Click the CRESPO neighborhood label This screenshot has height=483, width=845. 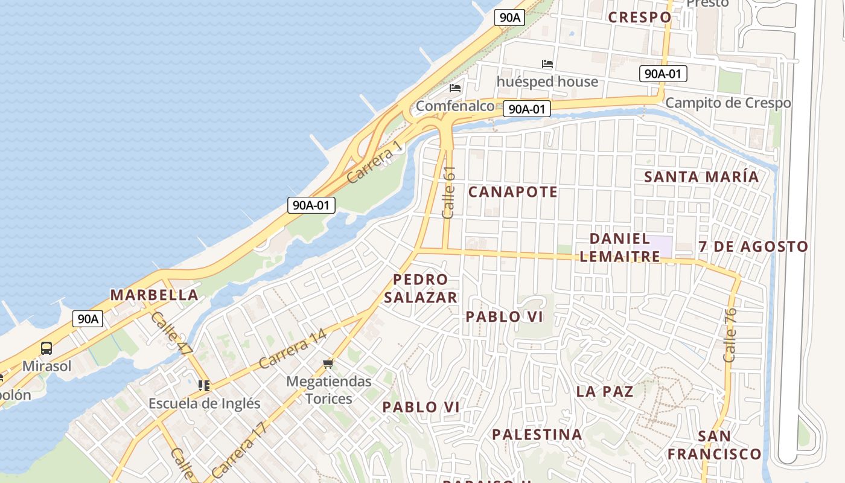pos(639,17)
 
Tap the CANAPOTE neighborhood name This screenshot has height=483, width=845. pos(513,192)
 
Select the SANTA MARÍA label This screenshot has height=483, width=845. pos(701,177)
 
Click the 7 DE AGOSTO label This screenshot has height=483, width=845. pos(753,246)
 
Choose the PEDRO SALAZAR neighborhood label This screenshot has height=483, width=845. pos(421,289)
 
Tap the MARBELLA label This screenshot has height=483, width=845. pos(154,295)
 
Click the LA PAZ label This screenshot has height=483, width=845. pos(605,391)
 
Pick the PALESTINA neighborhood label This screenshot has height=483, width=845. pos(537,435)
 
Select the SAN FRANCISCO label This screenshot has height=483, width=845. pos(715,445)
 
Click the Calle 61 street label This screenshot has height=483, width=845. pos(448,193)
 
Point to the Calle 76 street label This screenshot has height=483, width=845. pos(730,336)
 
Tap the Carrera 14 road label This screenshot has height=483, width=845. pos(293,350)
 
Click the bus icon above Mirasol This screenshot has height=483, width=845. pos(46,348)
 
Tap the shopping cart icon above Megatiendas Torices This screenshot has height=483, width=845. pos(328,363)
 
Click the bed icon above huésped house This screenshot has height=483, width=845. pos(547,64)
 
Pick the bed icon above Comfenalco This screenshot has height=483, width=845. pos(455,88)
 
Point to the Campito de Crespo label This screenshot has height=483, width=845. pos(728,103)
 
